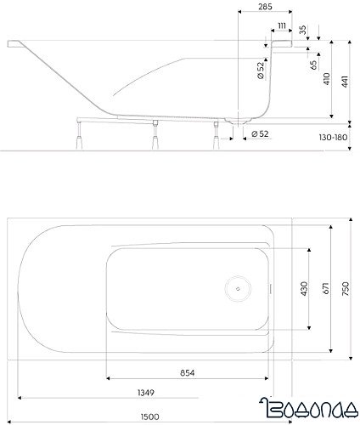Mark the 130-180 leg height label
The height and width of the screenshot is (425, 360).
(x=334, y=134)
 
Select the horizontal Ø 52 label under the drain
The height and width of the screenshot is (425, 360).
(x=261, y=134)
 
